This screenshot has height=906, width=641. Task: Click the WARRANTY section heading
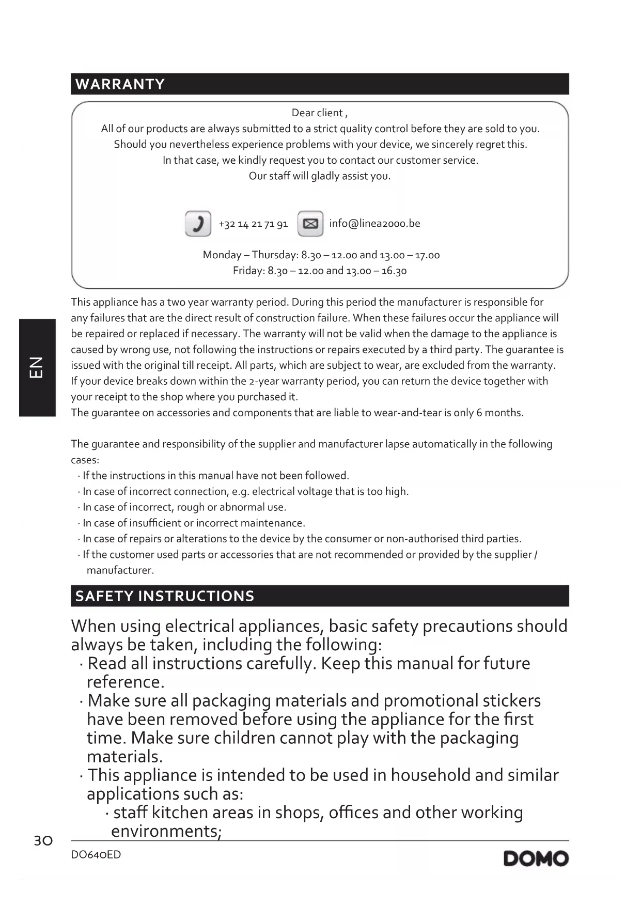pos(120,84)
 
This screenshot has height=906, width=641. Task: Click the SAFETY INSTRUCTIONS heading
pos(165,596)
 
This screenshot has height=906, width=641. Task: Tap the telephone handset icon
pos(198,224)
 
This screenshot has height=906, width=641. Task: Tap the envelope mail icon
pos(310,224)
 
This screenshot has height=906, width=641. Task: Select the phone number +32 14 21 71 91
pos(253,224)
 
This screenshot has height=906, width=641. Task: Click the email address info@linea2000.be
pos(374,223)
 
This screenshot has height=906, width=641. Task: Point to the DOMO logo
pos(536,858)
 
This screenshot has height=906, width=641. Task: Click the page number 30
pos(43,841)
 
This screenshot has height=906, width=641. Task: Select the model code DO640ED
pos(96,855)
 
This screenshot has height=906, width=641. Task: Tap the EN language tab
pos(37,367)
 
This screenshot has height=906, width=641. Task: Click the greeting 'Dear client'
pos(318,113)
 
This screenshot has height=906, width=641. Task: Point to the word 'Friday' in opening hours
pos(248,271)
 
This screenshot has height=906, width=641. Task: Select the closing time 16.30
pos(394,271)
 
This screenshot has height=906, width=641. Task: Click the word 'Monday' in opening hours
pos(222,255)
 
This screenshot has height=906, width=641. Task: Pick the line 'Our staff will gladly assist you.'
pos(320,176)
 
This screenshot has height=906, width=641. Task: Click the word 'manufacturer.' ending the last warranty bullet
pos(120,570)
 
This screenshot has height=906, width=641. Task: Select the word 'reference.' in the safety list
pos(126,682)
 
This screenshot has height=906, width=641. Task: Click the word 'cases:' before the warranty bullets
pos(85,460)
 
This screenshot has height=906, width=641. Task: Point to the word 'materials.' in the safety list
pos(124,757)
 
